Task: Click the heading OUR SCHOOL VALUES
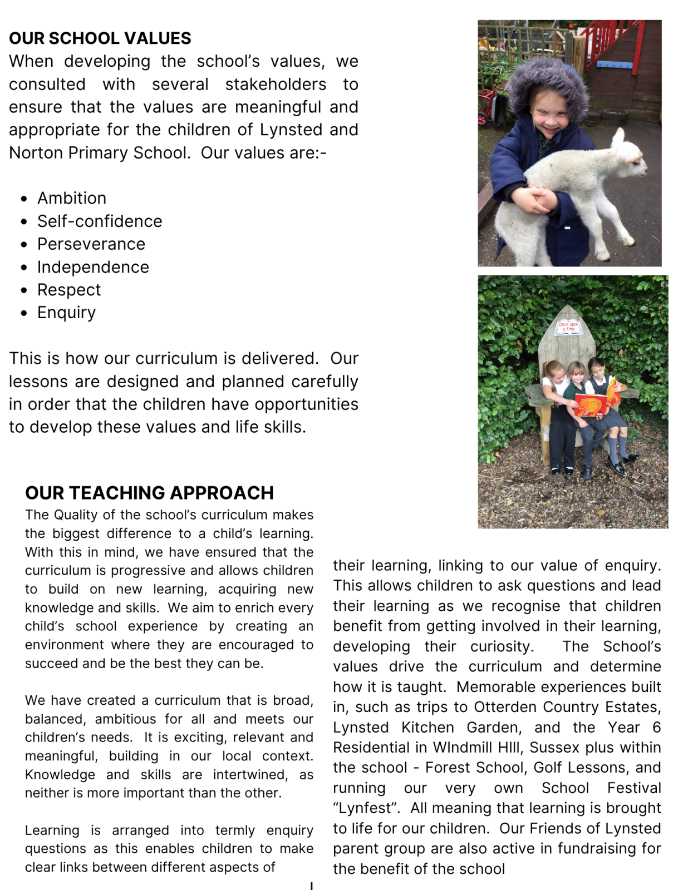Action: pos(100,38)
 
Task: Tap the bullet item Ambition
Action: pos(72,199)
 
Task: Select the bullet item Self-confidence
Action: pos(100,221)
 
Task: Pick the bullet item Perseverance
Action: pos(91,244)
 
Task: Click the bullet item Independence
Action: pos(93,268)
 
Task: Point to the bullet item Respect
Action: pos(69,290)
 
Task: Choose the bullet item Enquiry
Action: pos(66,313)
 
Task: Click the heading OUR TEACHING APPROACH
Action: pos(149,493)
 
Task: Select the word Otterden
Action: pos(506,707)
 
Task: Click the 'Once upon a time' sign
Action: pos(568,327)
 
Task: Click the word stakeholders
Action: pos(276,85)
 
